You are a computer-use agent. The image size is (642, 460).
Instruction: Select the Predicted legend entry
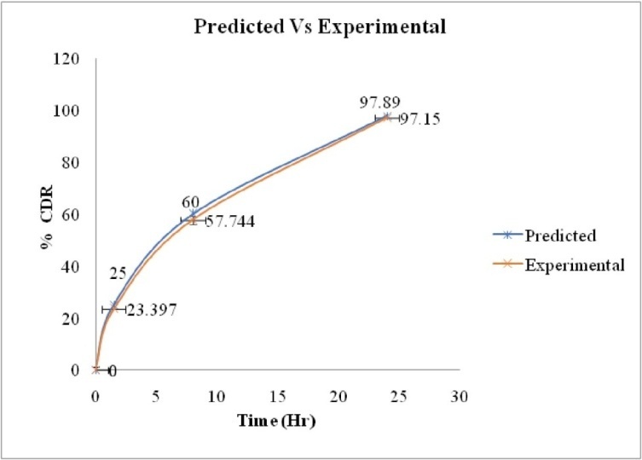tap(560, 236)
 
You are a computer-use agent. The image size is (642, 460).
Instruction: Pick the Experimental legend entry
tap(574, 265)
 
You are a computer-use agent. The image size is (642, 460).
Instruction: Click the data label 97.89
tap(380, 102)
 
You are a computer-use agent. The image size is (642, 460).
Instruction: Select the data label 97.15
tap(418, 119)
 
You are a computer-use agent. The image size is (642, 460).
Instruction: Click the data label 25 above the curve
tap(118, 274)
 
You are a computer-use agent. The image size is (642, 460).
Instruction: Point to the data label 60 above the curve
tap(189, 202)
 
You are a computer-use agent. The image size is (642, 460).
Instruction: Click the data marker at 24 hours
tap(387, 117)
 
